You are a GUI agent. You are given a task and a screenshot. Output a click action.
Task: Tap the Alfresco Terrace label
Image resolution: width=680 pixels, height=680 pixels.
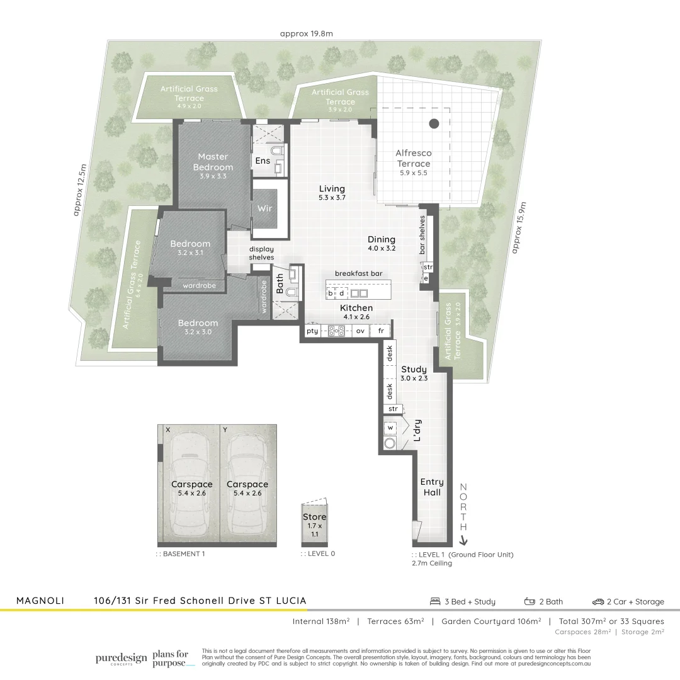pos(413,158)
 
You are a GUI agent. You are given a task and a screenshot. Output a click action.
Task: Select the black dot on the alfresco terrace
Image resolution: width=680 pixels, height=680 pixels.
pos(434,124)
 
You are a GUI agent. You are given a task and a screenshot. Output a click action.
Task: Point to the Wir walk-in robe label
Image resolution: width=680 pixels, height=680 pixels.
pos(265,208)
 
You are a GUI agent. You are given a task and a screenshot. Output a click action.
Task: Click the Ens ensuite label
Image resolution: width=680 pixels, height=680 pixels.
pos(262,161)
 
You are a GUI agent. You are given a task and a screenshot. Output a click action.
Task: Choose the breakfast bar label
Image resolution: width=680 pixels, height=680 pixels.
pos(358,273)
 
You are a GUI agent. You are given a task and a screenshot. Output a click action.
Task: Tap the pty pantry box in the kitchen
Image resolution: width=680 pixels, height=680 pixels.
pos(312,331)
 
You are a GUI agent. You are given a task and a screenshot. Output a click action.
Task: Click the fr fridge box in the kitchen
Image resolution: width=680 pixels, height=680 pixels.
pos(380,331)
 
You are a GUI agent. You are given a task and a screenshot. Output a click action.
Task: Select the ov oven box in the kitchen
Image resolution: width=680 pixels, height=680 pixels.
pos(361,331)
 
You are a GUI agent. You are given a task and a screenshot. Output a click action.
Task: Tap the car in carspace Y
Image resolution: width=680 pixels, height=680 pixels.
pos(247,485)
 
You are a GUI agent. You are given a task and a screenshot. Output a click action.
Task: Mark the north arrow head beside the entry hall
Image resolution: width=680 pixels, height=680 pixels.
pos(463,540)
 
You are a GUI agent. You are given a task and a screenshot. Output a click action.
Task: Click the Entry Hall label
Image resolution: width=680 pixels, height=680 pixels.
pos(432,487)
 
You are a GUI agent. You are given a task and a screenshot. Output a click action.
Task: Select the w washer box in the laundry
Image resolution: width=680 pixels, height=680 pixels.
pos(390,428)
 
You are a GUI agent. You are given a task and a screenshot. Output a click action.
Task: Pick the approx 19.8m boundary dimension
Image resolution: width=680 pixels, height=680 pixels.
pos(307,34)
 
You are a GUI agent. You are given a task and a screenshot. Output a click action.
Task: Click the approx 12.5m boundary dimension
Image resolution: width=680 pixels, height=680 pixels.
pos(81,190)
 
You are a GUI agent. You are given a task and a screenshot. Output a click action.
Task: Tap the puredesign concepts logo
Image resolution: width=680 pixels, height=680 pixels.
pos(121,659)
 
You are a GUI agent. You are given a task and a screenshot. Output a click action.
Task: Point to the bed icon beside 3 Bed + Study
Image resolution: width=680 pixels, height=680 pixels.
pos(434,601)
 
